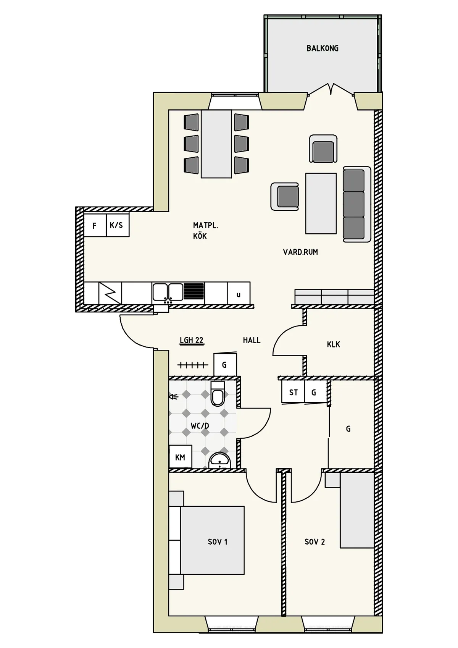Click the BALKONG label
pos(322,48)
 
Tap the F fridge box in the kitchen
pos(95,226)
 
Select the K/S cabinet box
pos(117,225)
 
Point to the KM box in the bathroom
pos(180,457)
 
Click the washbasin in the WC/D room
pos(220,461)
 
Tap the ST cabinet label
pos(293,392)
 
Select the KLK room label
pos(333,344)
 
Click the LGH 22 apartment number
pos(192,340)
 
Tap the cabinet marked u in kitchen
pos(239,294)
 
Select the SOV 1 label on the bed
pos(218,541)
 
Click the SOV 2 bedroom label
pos(314,541)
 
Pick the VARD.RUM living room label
pos(300,252)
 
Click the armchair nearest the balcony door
pos(323,149)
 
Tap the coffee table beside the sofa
pos(321,203)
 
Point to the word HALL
pos(252,340)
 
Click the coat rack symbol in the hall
pos(193,365)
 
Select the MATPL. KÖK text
pos(205,231)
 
